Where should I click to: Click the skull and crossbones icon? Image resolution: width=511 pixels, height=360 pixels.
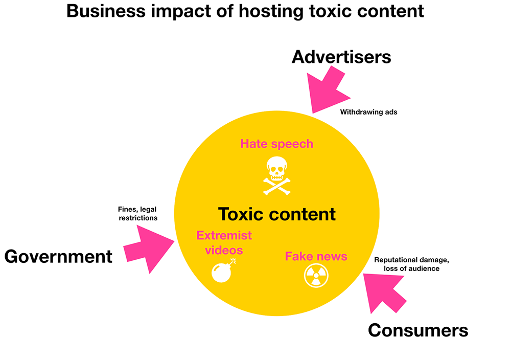[276, 175]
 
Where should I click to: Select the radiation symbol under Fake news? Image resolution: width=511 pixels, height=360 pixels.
[316, 276]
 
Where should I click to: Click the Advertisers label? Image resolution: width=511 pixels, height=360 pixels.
[341, 57]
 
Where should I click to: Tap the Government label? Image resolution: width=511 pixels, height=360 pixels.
[58, 256]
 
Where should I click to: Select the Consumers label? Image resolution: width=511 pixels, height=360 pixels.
[418, 330]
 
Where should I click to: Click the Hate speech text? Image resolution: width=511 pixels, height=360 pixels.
[276, 144]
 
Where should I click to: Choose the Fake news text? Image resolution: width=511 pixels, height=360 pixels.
[316, 256]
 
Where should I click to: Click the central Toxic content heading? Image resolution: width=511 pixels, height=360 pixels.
[277, 214]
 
